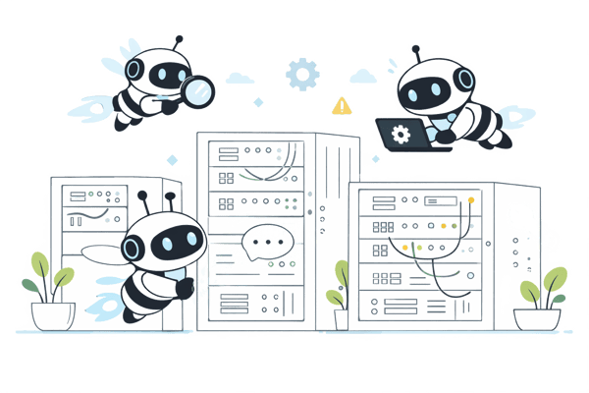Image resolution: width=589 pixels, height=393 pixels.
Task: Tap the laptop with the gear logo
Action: (x=402, y=133)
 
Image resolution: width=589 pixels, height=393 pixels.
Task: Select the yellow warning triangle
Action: (x=341, y=104)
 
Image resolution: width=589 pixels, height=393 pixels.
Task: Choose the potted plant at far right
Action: (x=541, y=295)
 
